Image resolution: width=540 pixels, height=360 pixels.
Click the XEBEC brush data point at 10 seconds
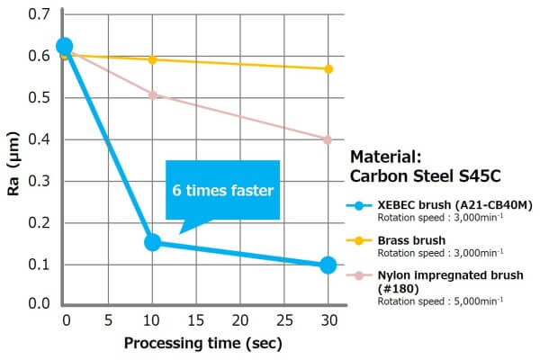(152, 242)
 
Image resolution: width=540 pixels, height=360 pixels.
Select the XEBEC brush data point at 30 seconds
(328, 265)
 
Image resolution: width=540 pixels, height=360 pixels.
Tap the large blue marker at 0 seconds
(64, 46)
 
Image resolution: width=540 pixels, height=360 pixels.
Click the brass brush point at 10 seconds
(152, 59)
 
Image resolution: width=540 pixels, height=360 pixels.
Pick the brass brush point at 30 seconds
(328, 68)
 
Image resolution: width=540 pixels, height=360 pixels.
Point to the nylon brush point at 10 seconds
(152, 94)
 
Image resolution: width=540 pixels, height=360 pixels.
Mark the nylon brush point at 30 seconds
(328, 139)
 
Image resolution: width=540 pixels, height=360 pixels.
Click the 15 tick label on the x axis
(195, 319)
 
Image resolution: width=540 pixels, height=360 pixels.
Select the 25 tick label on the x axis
(283, 319)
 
